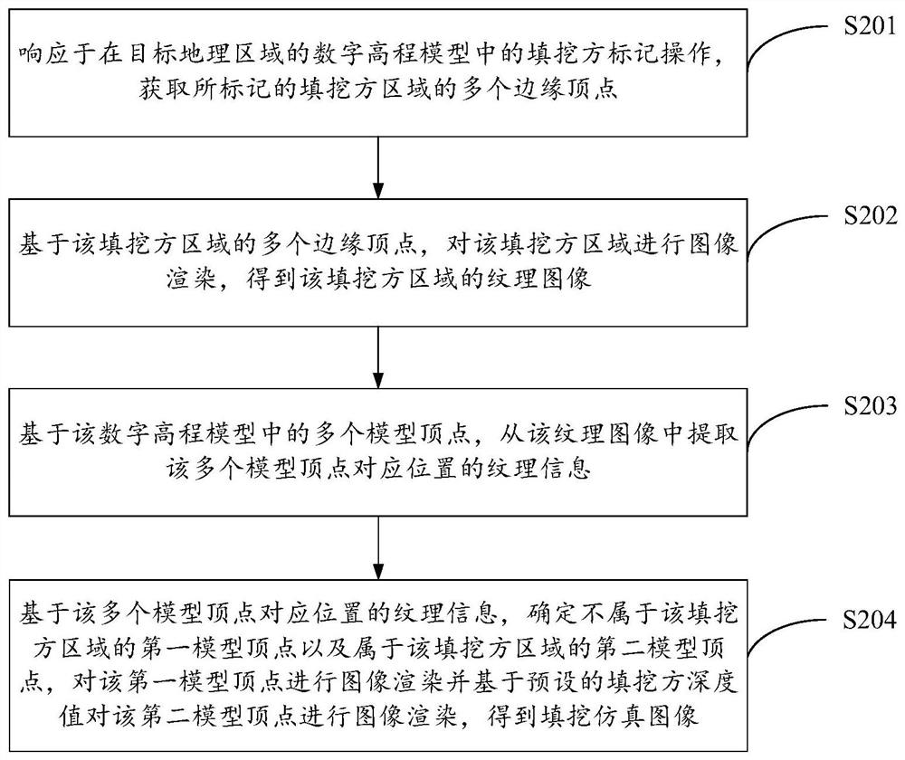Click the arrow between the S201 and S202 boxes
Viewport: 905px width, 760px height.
tap(376, 168)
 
